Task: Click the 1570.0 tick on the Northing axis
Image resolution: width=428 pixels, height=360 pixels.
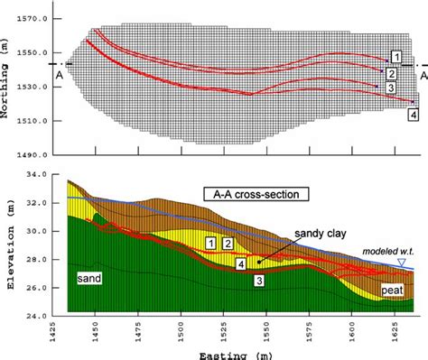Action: coord(42,18)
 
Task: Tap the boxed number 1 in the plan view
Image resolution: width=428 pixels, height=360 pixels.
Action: coord(396,58)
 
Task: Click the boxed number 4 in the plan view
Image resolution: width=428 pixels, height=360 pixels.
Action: coord(413,116)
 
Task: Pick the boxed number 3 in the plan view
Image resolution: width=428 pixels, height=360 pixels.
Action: coord(391,88)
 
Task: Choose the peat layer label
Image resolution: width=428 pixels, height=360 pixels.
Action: coord(393,291)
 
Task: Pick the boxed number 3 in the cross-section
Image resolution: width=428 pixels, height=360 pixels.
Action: coord(259,282)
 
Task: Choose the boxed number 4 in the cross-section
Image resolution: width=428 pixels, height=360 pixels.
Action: coord(242,263)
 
